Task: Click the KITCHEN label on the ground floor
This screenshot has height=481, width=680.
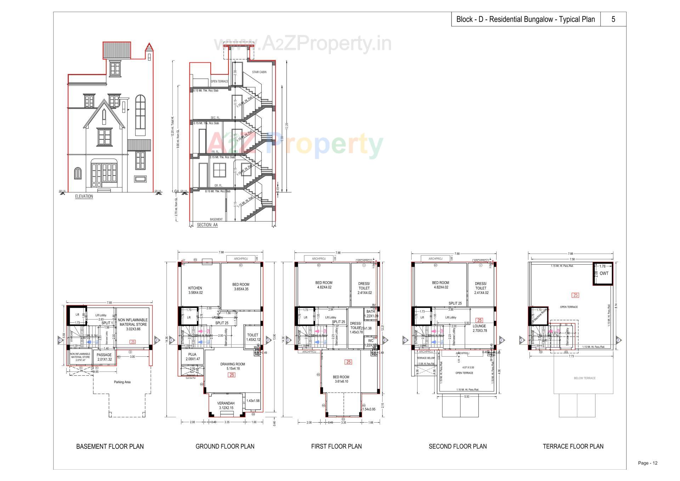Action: pyautogui.click(x=195, y=288)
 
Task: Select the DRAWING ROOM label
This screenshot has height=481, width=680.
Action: pyautogui.click(x=232, y=364)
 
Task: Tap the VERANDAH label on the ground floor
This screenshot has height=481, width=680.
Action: pyautogui.click(x=226, y=403)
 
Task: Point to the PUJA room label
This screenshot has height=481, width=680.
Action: pyautogui.click(x=192, y=354)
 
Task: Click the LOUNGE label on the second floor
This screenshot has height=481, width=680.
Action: pyautogui.click(x=480, y=326)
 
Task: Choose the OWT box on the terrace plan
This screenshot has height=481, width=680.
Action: pyautogui.click(x=604, y=273)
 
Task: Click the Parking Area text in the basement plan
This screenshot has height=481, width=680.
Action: pyautogui.click(x=122, y=382)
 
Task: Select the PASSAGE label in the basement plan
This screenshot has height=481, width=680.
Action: pyautogui.click(x=104, y=355)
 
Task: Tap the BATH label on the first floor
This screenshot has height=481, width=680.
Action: pyautogui.click(x=370, y=312)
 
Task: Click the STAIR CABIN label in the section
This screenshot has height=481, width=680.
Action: pyautogui.click(x=259, y=72)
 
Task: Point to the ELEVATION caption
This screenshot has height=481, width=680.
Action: pyautogui.click(x=84, y=196)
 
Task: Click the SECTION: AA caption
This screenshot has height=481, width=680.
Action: pyautogui.click(x=207, y=225)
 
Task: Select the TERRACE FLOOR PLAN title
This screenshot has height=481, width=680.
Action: pyautogui.click(x=573, y=446)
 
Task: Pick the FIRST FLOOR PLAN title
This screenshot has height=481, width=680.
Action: pyautogui.click(x=336, y=446)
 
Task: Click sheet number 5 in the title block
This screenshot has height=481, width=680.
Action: pyautogui.click(x=613, y=19)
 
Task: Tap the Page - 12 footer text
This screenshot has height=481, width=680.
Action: pyautogui.click(x=647, y=463)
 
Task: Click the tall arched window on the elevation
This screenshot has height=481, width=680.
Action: pyautogui.click(x=141, y=115)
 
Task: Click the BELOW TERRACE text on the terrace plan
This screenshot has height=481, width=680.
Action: pyautogui.click(x=584, y=378)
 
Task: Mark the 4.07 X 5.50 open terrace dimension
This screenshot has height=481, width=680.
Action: pyautogui.click(x=466, y=368)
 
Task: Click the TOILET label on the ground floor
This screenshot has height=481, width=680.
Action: pyautogui.click(x=253, y=335)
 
